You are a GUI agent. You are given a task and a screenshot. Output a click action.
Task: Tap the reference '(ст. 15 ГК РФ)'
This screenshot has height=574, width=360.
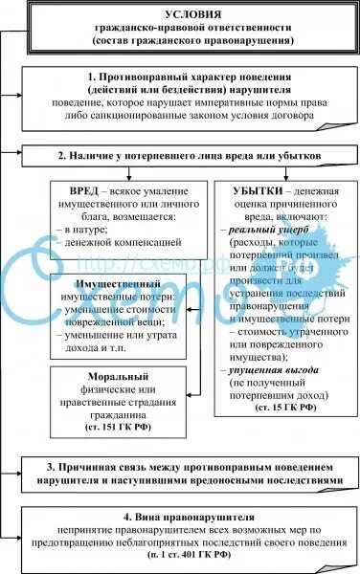click(282, 407)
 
